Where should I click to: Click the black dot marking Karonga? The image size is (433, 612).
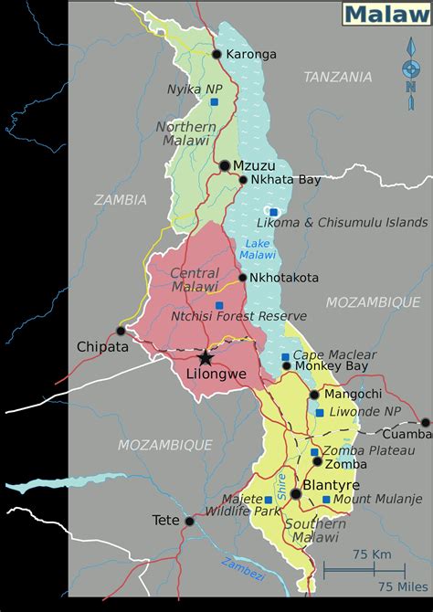(216, 54)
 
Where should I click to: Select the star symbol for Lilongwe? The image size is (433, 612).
(206, 357)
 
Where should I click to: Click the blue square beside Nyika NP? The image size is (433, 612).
(214, 102)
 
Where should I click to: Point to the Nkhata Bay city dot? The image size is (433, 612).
(243, 180)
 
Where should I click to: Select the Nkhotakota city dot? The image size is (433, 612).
(242, 278)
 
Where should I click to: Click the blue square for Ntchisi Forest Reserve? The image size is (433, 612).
(218, 305)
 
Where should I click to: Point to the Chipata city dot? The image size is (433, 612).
(121, 331)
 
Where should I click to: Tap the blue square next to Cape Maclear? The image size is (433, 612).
(286, 356)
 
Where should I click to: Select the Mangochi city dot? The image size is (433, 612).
(314, 395)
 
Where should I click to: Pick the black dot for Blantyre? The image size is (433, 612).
(295, 493)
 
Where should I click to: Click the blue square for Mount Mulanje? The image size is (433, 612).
(326, 500)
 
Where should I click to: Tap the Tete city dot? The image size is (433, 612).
(189, 522)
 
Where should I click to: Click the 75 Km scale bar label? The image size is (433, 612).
(372, 555)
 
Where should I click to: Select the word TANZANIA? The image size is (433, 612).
(338, 77)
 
